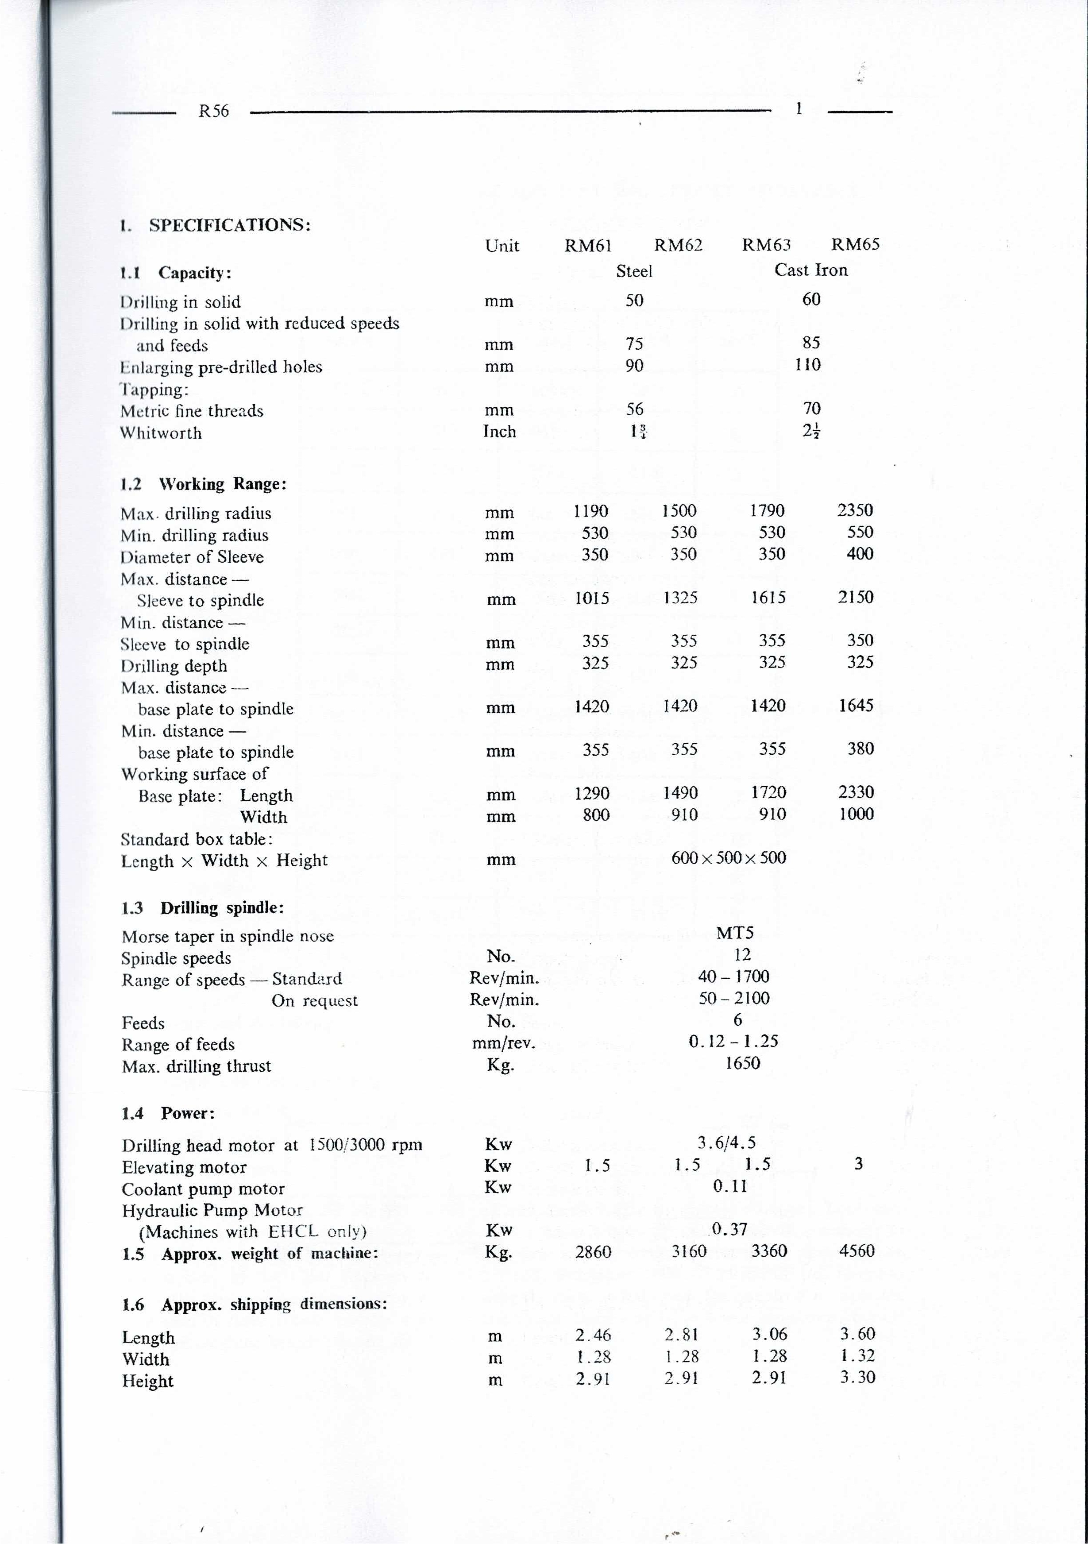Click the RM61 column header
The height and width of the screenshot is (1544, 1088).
click(588, 245)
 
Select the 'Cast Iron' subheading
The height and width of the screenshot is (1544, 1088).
click(810, 270)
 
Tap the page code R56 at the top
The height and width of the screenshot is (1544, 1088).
click(214, 112)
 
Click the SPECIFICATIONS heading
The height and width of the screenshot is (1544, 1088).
click(229, 224)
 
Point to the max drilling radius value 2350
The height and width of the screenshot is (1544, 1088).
click(855, 510)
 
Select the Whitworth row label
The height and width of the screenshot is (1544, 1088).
click(161, 433)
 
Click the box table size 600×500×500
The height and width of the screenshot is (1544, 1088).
click(728, 857)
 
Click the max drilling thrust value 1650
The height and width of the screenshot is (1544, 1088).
click(742, 1063)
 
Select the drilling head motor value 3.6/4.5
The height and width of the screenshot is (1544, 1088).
click(726, 1143)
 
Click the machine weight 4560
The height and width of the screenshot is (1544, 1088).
click(857, 1251)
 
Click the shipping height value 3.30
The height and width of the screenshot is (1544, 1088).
click(857, 1377)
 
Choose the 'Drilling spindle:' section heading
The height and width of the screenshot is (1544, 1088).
click(222, 908)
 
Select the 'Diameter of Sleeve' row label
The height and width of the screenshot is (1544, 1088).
click(192, 557)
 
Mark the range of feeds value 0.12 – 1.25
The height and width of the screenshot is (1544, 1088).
click(733, 1042)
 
